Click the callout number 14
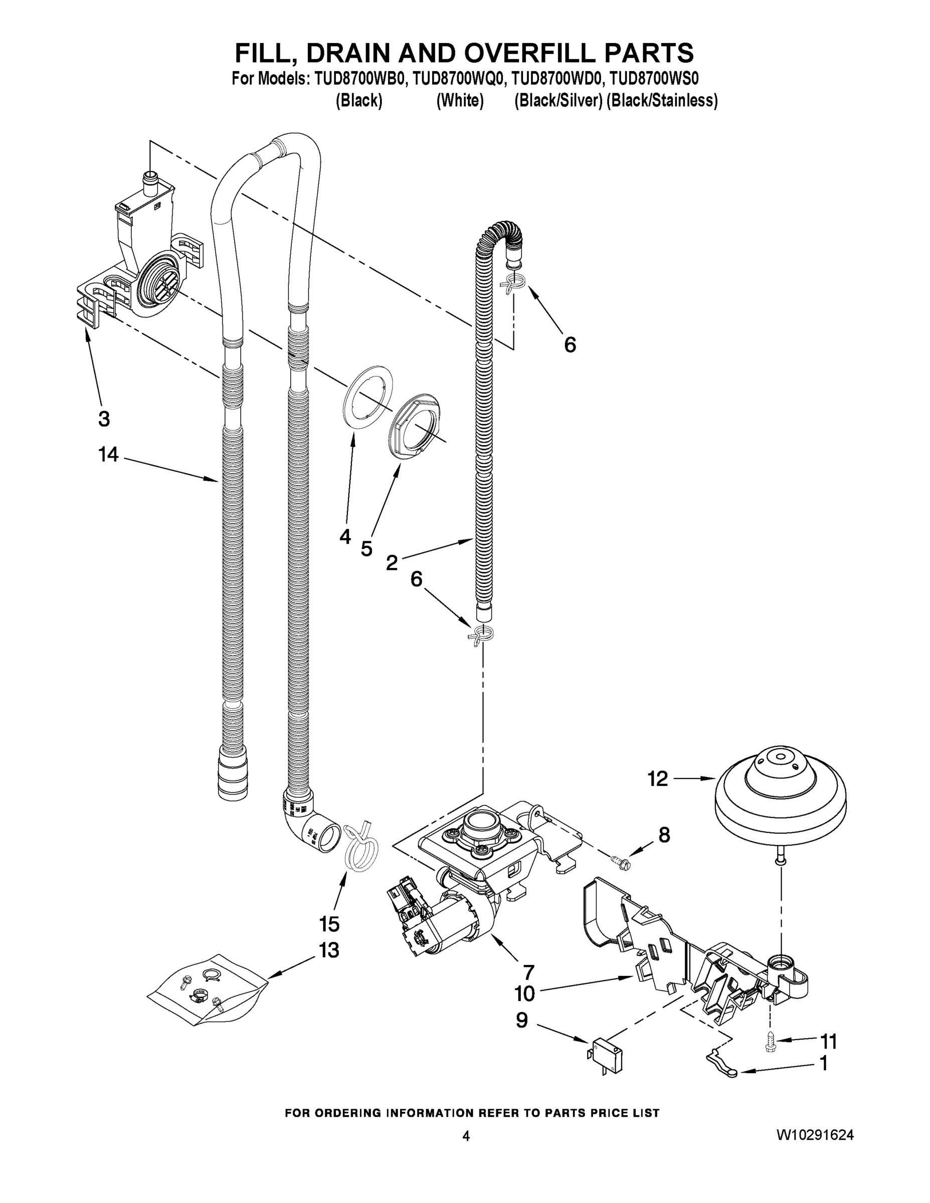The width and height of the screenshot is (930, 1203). click(108, 455)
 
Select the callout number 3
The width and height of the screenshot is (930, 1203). click(104, 419)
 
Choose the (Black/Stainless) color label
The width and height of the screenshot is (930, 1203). click(662, 101)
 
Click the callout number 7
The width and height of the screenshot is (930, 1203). click(528, 972)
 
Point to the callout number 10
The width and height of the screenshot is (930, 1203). click(524, 993)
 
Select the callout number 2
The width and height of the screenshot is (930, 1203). click(392, 563)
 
